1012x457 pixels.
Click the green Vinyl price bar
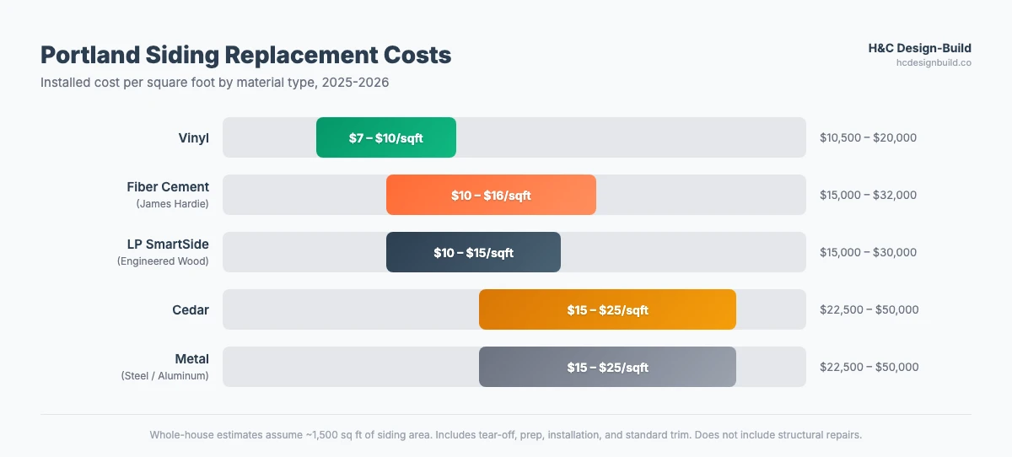click(385, 137)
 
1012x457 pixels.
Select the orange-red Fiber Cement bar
click(491, 195)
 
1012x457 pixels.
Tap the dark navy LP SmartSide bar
click(473, 252)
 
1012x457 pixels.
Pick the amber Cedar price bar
click(607, 309)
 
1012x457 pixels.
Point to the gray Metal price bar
click(607, 367)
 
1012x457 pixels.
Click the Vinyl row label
click(193, 137)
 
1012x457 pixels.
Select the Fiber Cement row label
click(168, 186)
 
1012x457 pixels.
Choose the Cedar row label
click(191, 309)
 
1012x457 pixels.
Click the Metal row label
click(191, 358)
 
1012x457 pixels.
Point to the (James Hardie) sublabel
click(172, 204)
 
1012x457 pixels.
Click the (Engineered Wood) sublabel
click(163, 261)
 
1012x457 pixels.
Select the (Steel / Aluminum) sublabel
click(165, 376)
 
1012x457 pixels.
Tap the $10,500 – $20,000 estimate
click(868, 137)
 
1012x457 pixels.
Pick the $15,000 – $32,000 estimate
click(868, 195)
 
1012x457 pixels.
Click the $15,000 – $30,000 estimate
click(868, 252)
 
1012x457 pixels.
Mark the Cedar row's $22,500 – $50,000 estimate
click(869, 309)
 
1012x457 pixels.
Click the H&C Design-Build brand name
click(919, 48)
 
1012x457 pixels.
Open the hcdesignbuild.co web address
click(933, 62)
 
